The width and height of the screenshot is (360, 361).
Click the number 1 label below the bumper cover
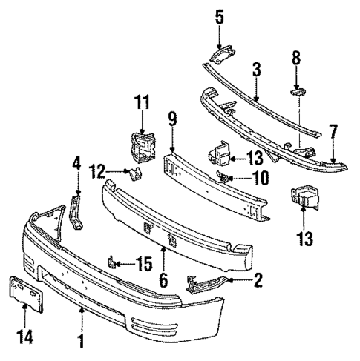(x=81, y=342)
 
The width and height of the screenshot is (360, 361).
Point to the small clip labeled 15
(x=111, y=262)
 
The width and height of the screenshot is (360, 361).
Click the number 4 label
(x=76, y=180)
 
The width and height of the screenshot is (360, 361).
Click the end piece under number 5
(x=221, y=54)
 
